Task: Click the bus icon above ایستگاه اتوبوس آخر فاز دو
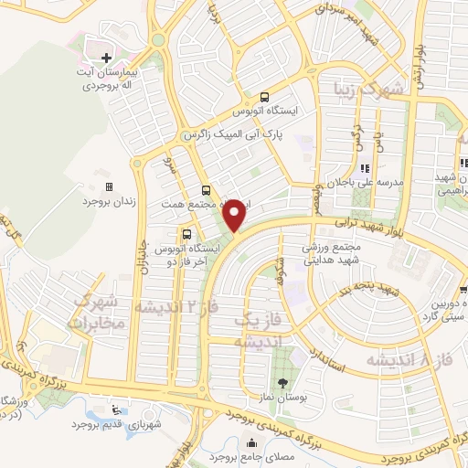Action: (186, 233)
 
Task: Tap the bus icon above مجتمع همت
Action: (206, 191)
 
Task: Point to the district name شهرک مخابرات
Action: (108, 314)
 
